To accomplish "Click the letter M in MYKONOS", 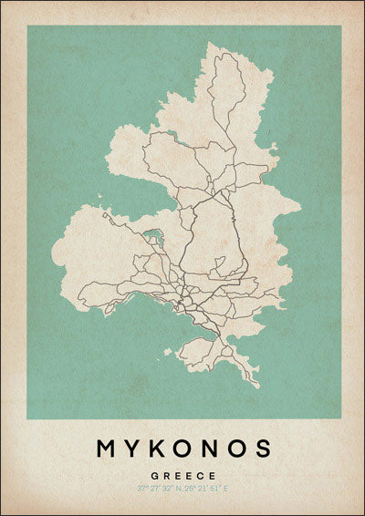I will [106, 449].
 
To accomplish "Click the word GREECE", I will [183, 476].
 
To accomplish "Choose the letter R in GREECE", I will [165, 476].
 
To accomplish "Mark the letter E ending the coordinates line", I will [230, 490].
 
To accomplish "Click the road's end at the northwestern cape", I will [104, 214].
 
